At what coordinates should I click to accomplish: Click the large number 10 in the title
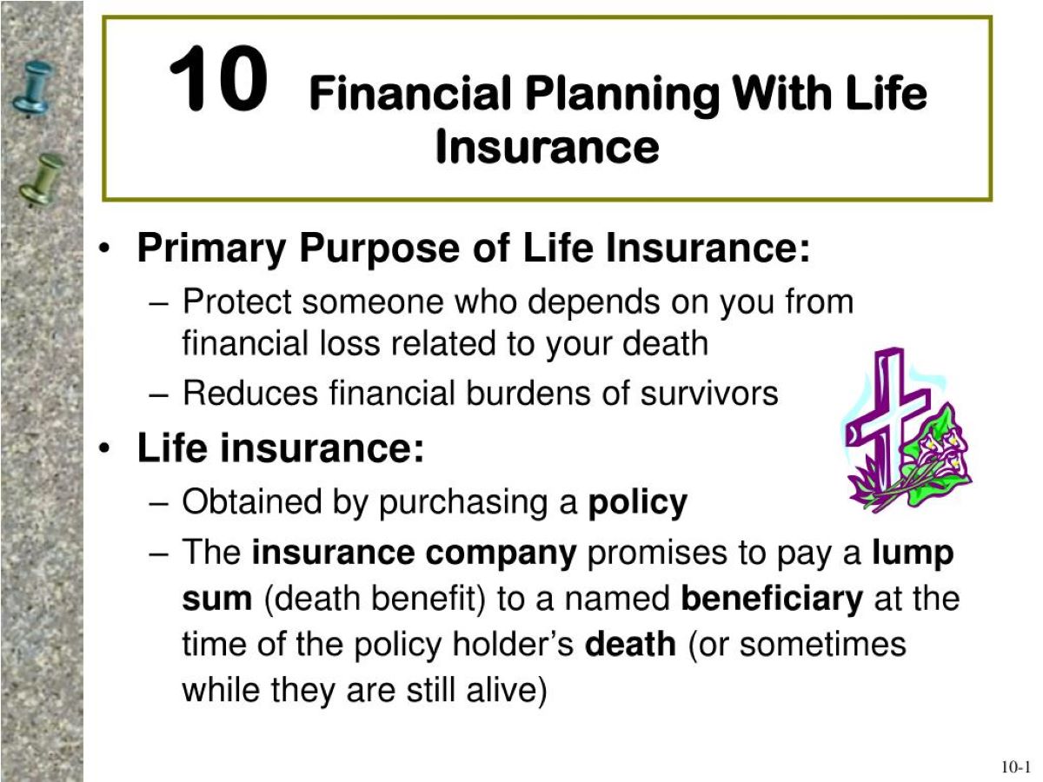tap(218, 78)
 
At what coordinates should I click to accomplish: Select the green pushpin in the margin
tap(42, 180)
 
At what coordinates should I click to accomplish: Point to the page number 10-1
tap(1015, 767)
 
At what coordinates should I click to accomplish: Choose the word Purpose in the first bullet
tap(379, 249)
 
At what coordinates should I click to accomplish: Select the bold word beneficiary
tap(772, 599)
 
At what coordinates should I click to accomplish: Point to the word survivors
tap(709, 394)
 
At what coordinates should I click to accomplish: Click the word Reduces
tap(250, 393)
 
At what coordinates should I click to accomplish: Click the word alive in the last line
tap(507, 690)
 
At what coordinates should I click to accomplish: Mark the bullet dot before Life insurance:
tap(104, 448)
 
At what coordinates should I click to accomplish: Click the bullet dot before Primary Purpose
tap(104, 249)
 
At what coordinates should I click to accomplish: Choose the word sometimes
tap(823, 644)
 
